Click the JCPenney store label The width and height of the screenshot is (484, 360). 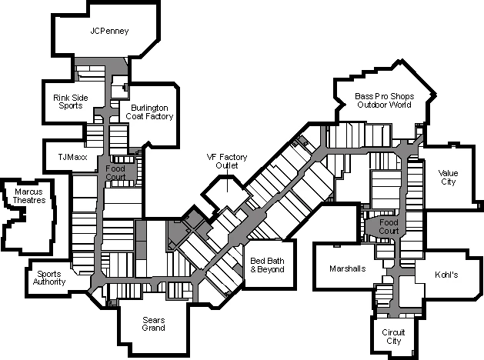109,32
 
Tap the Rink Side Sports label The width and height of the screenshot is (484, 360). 71,102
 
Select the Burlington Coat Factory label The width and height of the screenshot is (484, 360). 152,112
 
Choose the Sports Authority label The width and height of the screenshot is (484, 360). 49,278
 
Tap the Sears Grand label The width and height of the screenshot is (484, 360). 153,323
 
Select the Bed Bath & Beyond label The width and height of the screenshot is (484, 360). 268,265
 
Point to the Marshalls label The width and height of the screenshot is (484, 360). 347,268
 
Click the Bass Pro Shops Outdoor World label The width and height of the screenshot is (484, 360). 385,100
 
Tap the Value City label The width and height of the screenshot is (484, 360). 448,177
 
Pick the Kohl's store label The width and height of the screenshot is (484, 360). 446,275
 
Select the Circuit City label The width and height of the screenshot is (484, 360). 393,336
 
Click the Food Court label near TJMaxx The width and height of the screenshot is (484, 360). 115,172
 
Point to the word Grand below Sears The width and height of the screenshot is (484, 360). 153,328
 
